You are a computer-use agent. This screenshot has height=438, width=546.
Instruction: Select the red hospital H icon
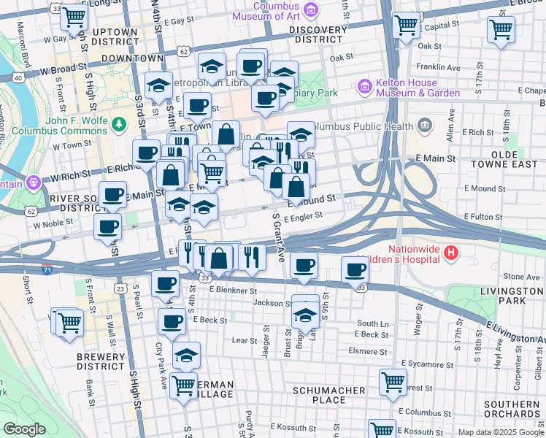pos(452,254)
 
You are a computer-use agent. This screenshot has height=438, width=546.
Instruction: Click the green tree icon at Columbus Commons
pos(118,124)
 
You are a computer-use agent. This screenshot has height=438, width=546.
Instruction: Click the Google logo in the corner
pos(24,429)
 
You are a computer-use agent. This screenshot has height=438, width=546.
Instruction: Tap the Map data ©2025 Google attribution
pos(501,432)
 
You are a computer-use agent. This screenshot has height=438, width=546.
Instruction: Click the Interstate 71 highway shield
pos(47,269)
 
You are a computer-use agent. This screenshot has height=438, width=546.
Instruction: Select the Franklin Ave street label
pos(442,67)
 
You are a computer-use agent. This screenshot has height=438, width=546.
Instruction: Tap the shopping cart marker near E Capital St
pos(407,26)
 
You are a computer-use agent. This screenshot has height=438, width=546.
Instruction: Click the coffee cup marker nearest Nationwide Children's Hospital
pos(355,270)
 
